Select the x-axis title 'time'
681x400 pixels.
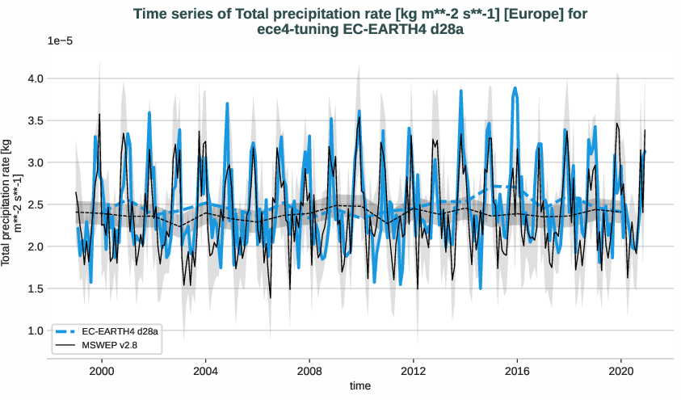click(x=360, y=386)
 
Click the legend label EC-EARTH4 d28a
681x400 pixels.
click(x=120, y=331)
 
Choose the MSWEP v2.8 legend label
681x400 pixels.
click(x=110, y=345)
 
